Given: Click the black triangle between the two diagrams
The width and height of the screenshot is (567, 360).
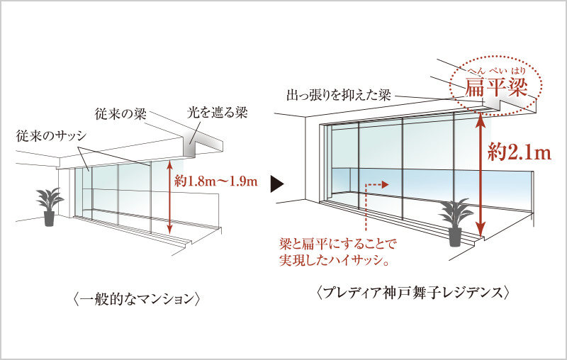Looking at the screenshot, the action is click(276, 184).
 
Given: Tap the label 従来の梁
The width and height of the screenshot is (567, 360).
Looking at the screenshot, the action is click(120, 113).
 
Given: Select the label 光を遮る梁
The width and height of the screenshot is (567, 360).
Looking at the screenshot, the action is click(217, 113).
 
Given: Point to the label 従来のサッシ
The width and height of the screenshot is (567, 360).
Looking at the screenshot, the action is click(51, 136).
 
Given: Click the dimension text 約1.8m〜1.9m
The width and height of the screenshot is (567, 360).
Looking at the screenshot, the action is click(216, 181).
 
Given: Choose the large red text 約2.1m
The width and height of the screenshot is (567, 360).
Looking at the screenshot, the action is click(520, 152).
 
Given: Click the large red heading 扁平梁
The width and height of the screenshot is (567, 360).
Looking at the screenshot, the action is click(496, 87).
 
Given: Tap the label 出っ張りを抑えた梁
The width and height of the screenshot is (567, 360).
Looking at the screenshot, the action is click(339, 95).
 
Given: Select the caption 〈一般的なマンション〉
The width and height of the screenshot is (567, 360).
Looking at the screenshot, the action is click(136, 299).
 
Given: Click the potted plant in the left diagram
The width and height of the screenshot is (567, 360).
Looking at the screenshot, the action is click(50, 207).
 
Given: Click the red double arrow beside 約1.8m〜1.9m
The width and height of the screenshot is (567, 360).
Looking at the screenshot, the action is click(169, 197).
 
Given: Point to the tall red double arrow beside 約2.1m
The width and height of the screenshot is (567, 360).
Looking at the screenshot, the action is click(481, 175).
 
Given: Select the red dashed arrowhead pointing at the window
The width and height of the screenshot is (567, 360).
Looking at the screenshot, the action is click(385, 185).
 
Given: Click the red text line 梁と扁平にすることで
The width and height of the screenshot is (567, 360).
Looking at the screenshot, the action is click(338, 244).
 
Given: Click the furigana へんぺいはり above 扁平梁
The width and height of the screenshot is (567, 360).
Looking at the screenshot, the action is click(496, 70).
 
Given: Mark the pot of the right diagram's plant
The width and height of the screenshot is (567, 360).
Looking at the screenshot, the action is click(455, 237).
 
